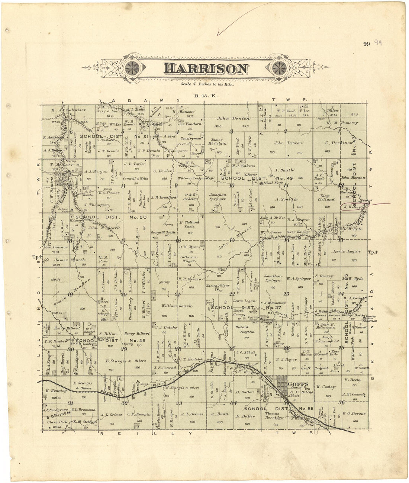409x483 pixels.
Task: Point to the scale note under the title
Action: pyautogui.click(x=205, y=84)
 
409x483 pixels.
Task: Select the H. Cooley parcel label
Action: pyautogui.click(x=326, y=387)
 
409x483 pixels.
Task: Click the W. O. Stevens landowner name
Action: pyautogui.click(x=354, y=413)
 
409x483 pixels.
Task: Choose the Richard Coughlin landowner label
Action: pyautogui.click(x=244, y=329)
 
